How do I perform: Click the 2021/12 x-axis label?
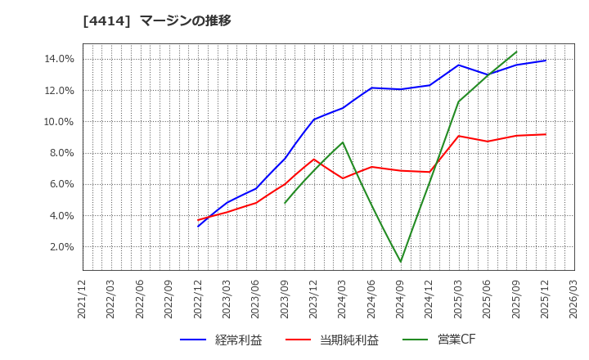(x=83, y=297)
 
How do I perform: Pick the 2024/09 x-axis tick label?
(x=401, y=297)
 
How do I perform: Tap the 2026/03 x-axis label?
(x=574, y=297)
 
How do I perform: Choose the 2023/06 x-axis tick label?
(x=256, y=297)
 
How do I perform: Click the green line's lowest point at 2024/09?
(x=401, y=262)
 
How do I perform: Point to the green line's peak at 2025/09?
(x=516, y=52)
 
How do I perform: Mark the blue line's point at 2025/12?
(x=545, y=61)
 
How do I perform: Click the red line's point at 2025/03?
(x=458, y=136)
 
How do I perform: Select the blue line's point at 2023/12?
(x=314, y=119)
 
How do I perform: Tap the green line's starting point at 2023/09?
(x=285, y=203)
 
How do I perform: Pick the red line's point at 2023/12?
(x=314, y=159)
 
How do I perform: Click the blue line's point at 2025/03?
(x=458, y=65)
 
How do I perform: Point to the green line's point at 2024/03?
(x=343, y=142)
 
